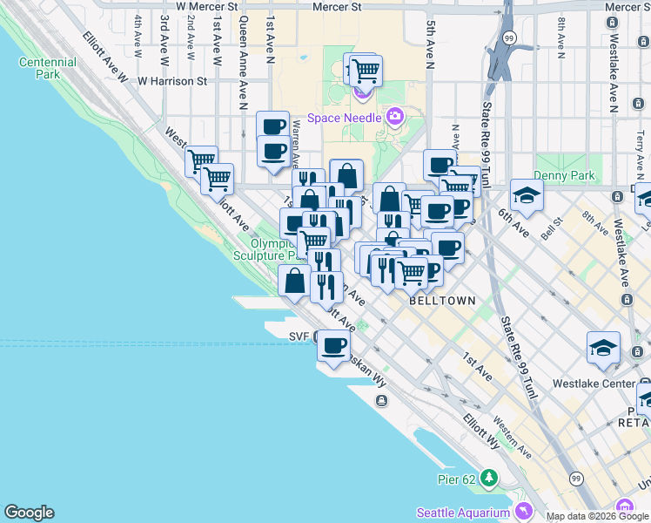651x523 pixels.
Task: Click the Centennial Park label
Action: pyautogui.click(x=47, y=69)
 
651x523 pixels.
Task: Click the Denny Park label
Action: pyautogui.click(x=565, y=175)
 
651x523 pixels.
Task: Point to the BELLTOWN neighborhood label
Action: pyautogui.click(x=442, y=301)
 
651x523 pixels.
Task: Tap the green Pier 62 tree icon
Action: pyautogui.click(x=489, y=478)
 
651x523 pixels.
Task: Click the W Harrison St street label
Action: pyautogui.click(x=171, y=81)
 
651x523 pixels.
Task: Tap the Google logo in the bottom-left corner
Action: pyautogui.click(x=29, y=513)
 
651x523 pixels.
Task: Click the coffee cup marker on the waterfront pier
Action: pyautogui.click(x=332, y=346)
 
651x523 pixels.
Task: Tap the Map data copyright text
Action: pyautogui.click(x=596, y=516)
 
